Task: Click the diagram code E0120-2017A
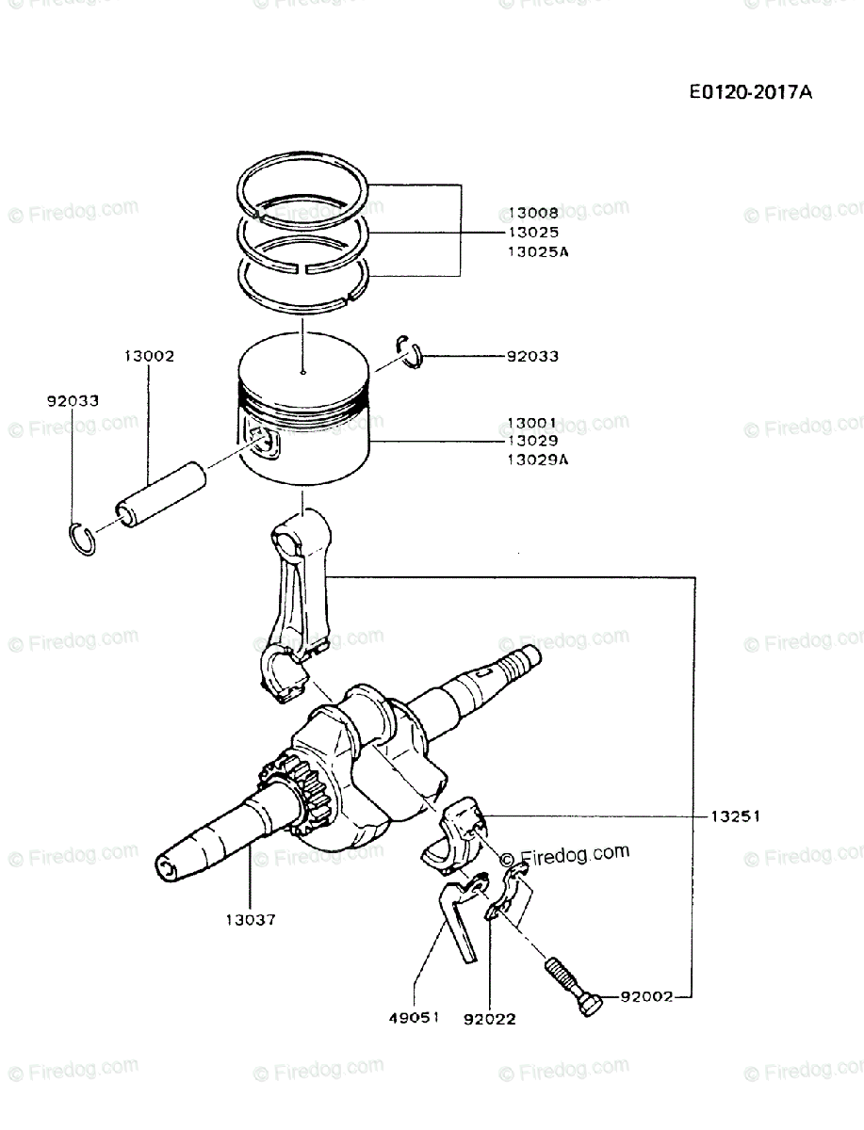pyautogui.click(x=750, y=92)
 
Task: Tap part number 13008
pyautogui.click(x=531, y=214)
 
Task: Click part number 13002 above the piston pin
pyautogui.click(x=148, y=357)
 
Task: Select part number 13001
pyautogui.click(x=531, y=423)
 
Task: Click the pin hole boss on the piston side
pyautogui.click(x=264, y=441)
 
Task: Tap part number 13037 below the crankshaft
pyautogui.click(x=251, y=919)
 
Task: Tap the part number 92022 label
pyautogui.click(x=489, y=1018)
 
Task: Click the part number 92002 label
pyautogui.click(x=646, y=996)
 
